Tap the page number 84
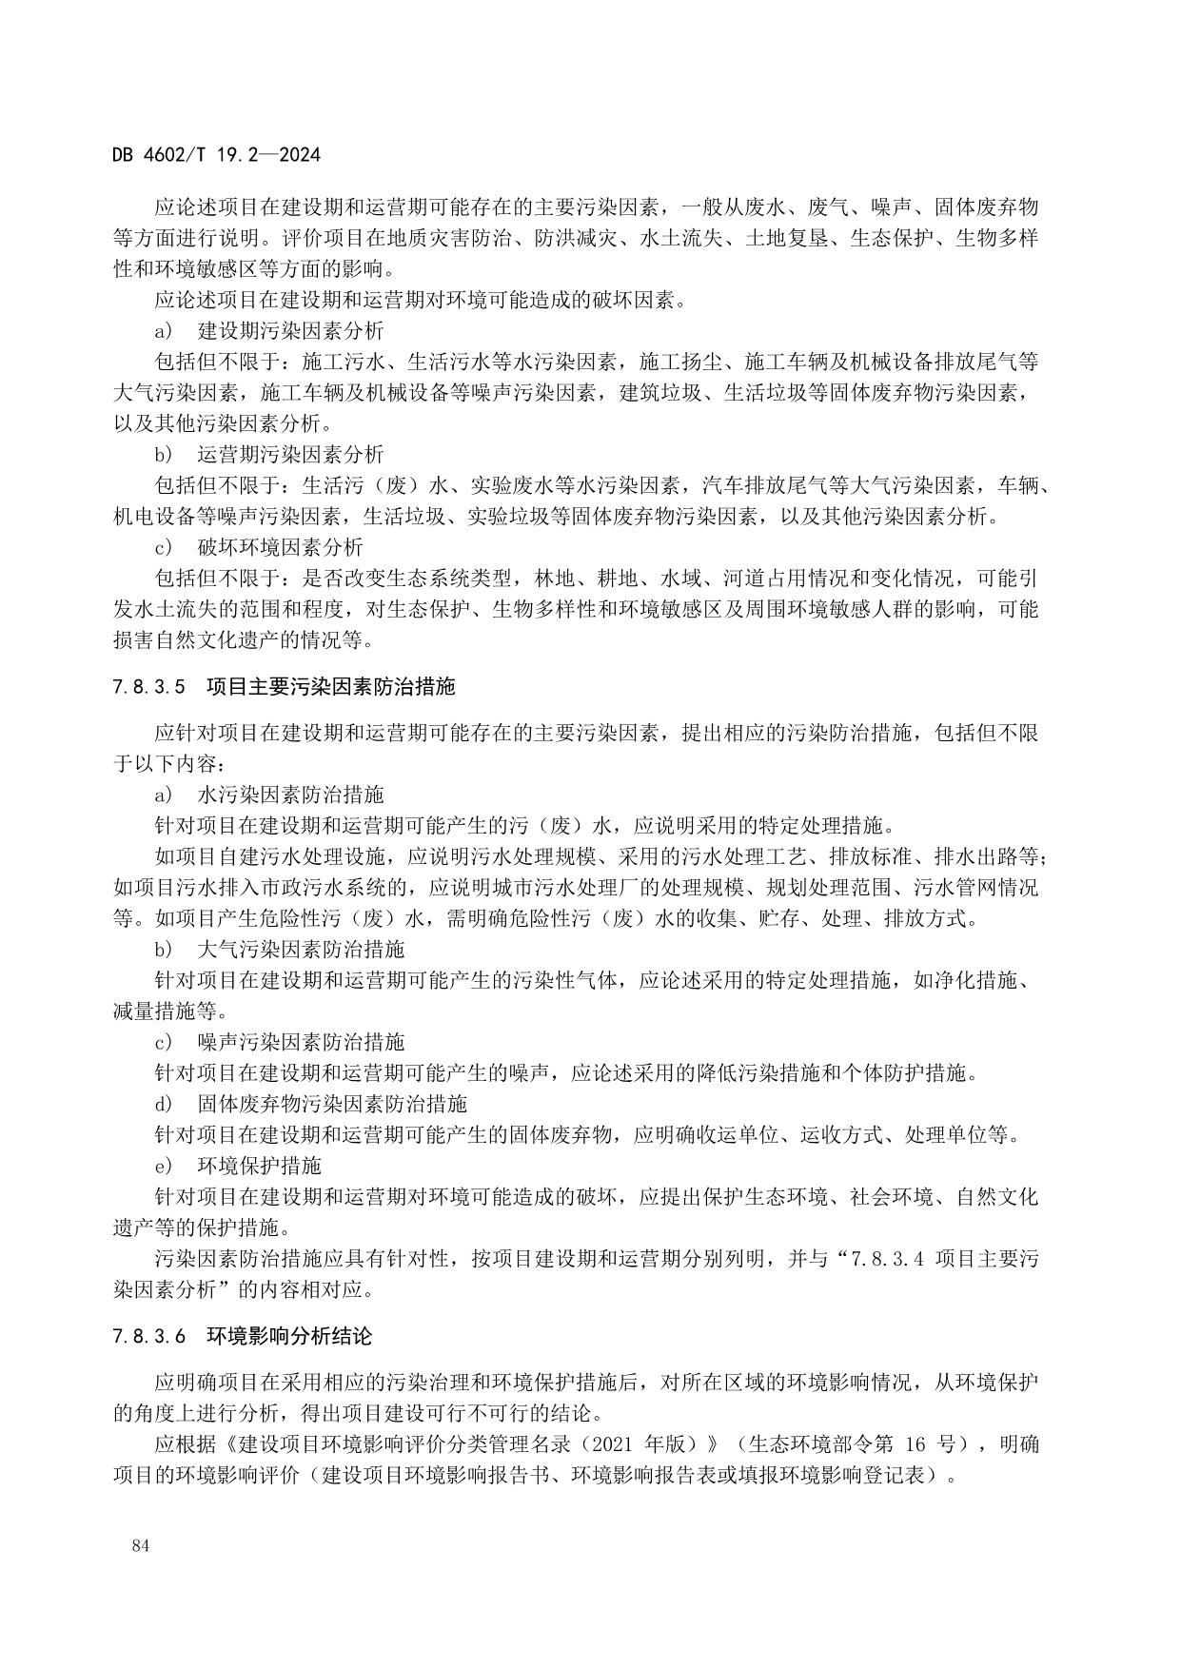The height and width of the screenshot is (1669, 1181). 142,1545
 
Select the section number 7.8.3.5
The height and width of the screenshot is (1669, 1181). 153,686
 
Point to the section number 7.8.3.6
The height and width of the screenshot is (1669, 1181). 153,1336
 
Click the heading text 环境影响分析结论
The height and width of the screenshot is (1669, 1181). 289,1336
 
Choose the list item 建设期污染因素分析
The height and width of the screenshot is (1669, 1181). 290,331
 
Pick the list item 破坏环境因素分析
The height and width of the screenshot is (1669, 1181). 280,547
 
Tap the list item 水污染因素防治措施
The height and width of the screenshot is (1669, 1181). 290,794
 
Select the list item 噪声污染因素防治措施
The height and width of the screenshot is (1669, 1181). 301,1042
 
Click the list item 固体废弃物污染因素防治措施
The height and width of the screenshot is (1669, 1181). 332,1104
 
